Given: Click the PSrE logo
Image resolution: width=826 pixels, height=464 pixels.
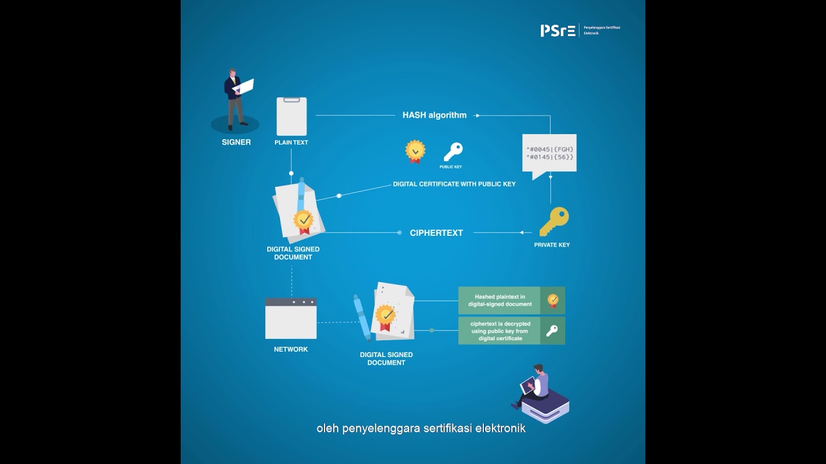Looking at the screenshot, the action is [x=558, y=30].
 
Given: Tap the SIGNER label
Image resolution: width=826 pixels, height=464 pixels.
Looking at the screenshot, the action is [x=236, y=142].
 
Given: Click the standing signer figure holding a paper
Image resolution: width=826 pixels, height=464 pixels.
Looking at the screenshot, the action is [x=237, y=99].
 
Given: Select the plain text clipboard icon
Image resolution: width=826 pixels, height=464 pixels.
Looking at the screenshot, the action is [x=292, y=117].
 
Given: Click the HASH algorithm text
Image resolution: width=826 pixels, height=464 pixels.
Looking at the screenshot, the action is [x=434, y=115].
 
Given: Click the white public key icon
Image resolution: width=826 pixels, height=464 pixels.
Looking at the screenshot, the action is [x=453, y=151].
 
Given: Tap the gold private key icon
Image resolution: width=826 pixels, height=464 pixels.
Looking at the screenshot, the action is [x=554, y=221].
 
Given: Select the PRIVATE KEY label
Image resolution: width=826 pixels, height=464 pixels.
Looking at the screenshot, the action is [x=552, y=245].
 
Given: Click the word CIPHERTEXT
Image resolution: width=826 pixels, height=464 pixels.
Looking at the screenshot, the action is [x=436, y=233].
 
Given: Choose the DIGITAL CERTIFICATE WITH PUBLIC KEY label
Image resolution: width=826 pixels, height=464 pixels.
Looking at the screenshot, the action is [x=454, y=184].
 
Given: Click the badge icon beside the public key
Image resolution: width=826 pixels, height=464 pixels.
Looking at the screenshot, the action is [x=415, y=151].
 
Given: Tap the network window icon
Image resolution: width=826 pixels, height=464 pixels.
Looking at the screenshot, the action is [x=291, y=318].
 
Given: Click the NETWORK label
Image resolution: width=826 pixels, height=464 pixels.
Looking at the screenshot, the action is [x=290, y=349].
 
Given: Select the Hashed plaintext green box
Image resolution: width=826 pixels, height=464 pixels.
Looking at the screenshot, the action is [x=512, y=300].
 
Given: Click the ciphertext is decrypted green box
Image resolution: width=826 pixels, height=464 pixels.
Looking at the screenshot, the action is [x=512, y=331].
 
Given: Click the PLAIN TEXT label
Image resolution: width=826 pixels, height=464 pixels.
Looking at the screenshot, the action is [x=291, y=142].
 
